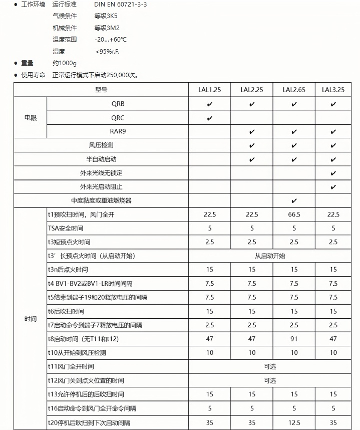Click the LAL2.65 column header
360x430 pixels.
click(x=294, y=90)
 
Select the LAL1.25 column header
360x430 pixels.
click(x=209, y=90)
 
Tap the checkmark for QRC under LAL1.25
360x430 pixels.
click(x=209, y=118)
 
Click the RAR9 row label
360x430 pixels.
click(x=118, y=132)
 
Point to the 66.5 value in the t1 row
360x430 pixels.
click(x=294, y=214)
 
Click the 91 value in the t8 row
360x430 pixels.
click(x=294, y=339)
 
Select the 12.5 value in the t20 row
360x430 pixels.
click(x=294, y=422)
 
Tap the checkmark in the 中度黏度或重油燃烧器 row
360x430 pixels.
click(x=294, y=200)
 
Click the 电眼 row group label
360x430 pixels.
click(x=30, y=118)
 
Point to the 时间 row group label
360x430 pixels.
click(x=30, y=319)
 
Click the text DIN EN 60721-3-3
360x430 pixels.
click(x=121, y=5)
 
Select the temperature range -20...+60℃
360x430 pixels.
click(x=111, y=40)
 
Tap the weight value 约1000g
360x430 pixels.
click(x=65, y=63)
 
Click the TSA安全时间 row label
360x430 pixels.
click(x=66, y=229)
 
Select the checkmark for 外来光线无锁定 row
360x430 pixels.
click(x=333, y=173)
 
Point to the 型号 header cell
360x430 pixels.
click(x=101, y=90)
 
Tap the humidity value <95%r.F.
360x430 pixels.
click(x=108, y=51)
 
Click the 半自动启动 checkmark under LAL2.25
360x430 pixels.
click(x=252, y=159)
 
